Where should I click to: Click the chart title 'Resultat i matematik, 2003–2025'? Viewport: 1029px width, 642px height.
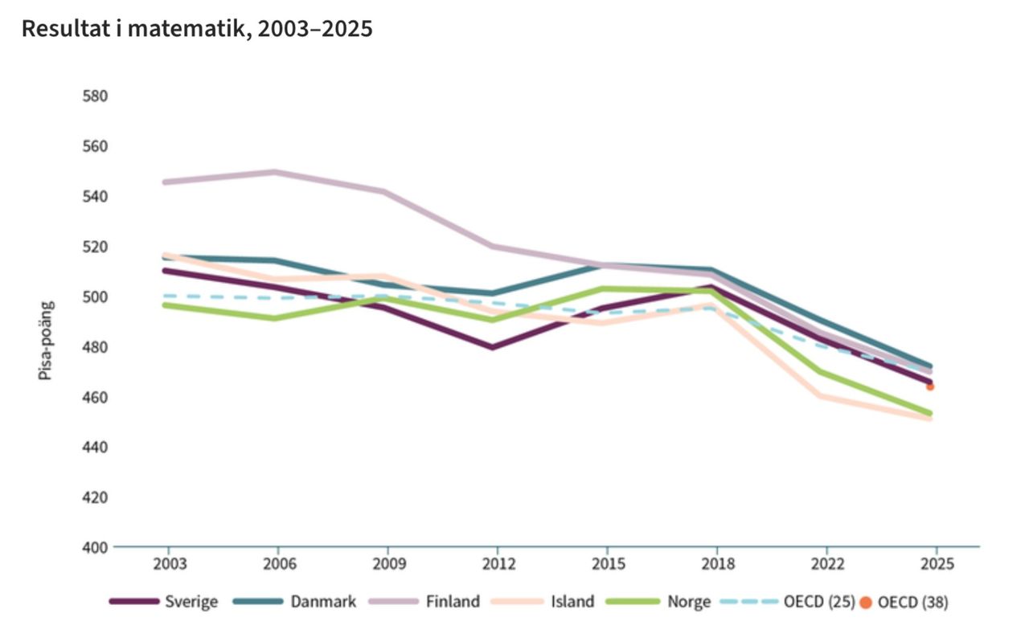pos(197,29)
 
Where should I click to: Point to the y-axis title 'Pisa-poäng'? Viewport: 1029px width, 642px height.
pos(46,341)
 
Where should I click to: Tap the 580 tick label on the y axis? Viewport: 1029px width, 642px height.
pos(95,96)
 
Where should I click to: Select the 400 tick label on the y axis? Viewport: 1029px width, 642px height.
pos(95,547)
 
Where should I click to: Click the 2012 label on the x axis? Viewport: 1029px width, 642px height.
pos(498,564)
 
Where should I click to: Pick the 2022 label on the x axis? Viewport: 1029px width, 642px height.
pos(827,564)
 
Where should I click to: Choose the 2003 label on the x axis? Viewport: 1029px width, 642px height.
pos(170,564)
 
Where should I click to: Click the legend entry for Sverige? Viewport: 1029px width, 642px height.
pos(163,602)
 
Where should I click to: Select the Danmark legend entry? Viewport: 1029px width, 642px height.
pos(294,602)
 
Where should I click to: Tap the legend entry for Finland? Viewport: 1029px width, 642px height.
pos(425,602)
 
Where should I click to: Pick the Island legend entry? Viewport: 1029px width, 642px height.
pos(543,602)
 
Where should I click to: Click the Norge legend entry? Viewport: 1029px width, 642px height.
pos(658,602)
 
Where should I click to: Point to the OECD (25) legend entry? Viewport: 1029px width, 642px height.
pos(788,602)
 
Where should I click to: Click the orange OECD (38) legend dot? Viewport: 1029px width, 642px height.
pos(866,603)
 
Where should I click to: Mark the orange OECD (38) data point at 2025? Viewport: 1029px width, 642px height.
pos(930,386)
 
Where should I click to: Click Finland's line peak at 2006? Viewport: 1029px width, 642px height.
pos(275,172)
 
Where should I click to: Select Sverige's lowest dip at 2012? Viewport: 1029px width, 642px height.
pos(492,347)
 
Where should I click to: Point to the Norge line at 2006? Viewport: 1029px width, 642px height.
pos(275,317)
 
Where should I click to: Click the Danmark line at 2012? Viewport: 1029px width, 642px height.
pos(492,292)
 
